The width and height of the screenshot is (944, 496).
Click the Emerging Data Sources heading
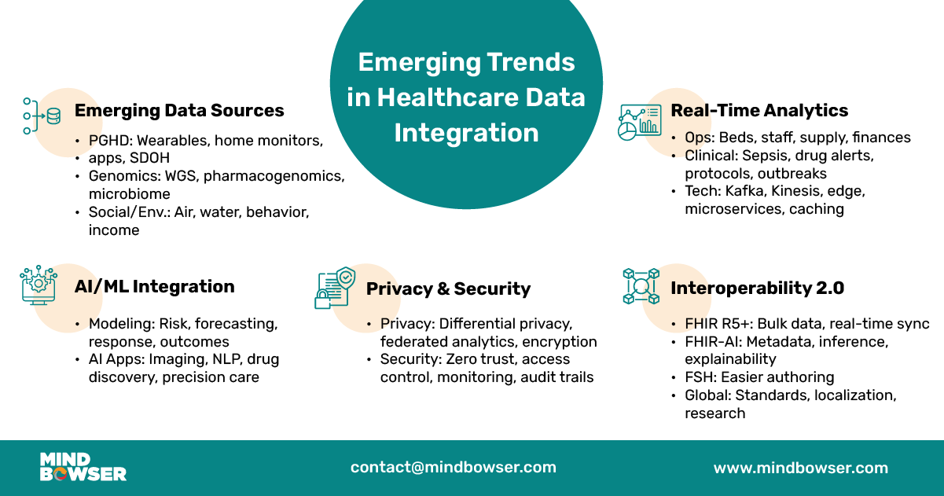pos(179,111)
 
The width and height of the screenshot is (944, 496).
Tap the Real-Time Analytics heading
pos(759,111)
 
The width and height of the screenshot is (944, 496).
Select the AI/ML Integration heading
pos(154,287)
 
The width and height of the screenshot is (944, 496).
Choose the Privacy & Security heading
pos(448,289)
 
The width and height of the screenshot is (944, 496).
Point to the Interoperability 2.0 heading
pos(757,288)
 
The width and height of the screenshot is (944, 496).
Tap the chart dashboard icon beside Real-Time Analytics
pos(638,123)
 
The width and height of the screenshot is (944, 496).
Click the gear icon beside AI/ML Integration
pos(39,285)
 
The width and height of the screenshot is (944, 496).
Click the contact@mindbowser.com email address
pos(454,467)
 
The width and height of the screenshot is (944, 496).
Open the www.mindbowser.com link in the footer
pos(800,468)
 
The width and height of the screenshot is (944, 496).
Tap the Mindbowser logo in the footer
pos(83,467)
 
